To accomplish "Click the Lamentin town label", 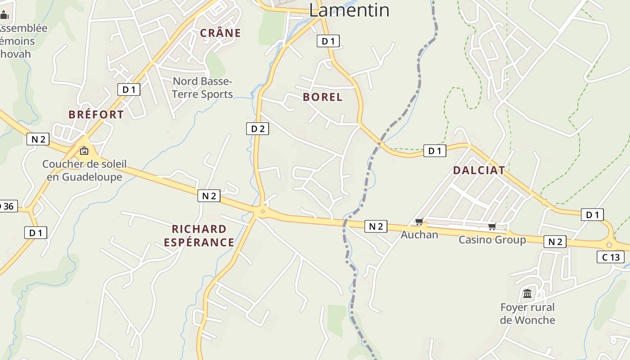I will [349, 10].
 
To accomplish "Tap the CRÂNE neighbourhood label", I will [220, 33].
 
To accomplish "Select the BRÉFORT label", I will [96, 114].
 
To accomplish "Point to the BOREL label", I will [323, 97].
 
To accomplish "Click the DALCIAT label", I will [479, 170].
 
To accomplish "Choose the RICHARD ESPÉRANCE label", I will [199, 236].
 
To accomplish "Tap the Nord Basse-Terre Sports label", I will [202, 88].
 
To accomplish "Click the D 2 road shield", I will [257, 129].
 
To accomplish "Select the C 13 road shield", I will [611, 257].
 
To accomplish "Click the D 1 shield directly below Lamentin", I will [328, 41].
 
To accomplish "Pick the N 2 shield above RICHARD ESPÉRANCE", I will [209, 196].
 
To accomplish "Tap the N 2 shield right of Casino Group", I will [555, 242].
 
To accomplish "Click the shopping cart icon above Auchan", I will [419, 221].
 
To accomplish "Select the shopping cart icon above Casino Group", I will [492, 226].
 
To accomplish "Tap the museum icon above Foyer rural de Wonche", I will [527, 294].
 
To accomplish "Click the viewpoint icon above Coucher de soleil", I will [84, 151].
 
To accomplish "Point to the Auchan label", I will [419, 234].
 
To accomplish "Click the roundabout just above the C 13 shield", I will [609, 244].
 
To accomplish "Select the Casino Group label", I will [492, 240].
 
